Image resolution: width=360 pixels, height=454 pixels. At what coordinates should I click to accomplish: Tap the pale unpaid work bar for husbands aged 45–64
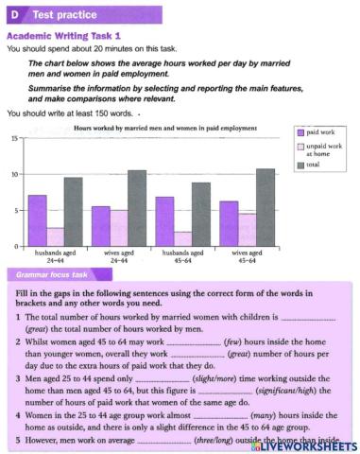pyautogui.click(x=183, y=239)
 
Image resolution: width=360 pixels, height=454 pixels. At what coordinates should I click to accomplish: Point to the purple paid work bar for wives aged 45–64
pyautogui.click(x=228, y=224)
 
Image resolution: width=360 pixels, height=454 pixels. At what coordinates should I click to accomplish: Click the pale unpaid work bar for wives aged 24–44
pyautogui.click(x=119, y=228)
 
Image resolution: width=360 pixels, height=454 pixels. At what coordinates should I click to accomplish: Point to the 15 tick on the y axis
pyautogui.click(x=14, y=138)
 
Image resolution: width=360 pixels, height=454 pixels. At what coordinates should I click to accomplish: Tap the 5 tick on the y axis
pyautogui.click(x=16, y=211)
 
